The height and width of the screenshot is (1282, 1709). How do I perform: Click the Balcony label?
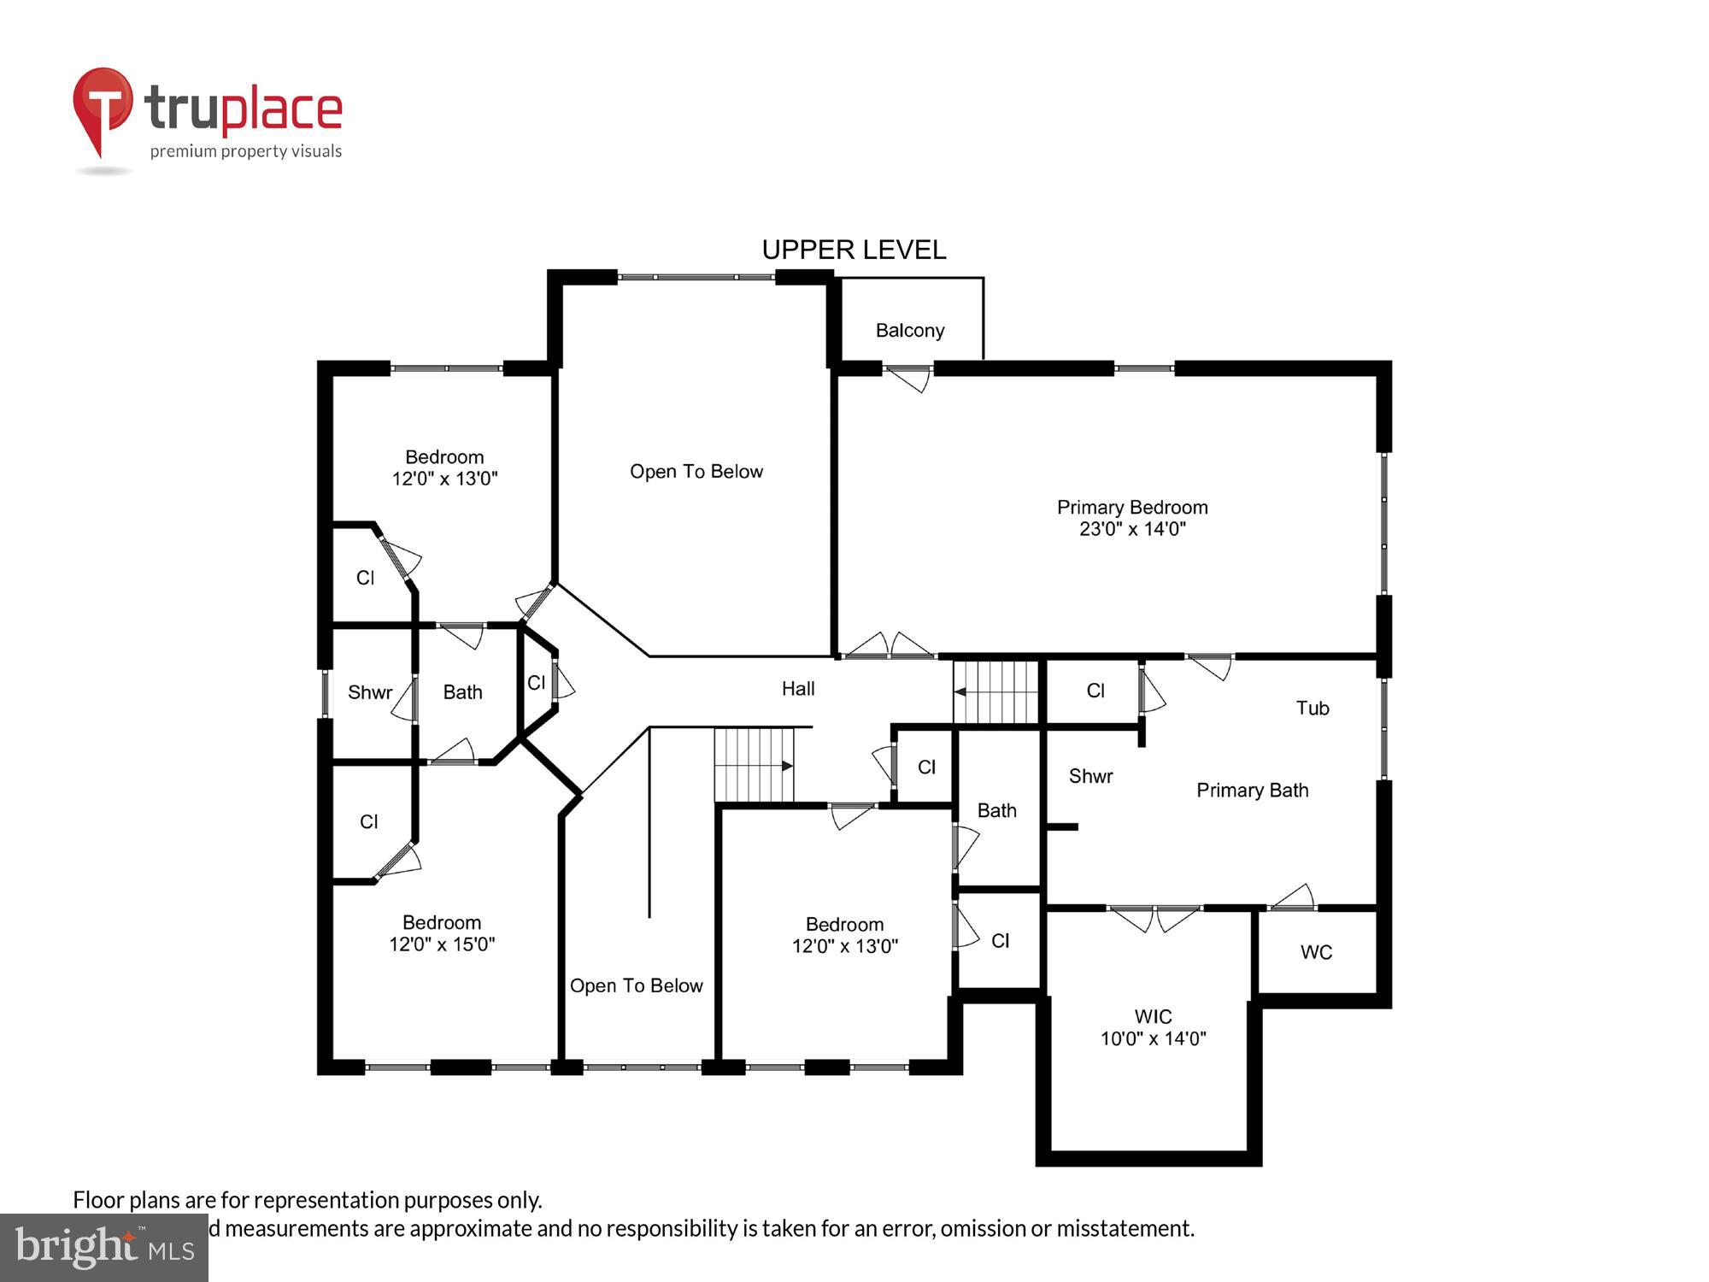pyautogui.click(x=909, y=331)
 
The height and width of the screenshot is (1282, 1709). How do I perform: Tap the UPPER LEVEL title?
pyautogui.click(x=854, y=250)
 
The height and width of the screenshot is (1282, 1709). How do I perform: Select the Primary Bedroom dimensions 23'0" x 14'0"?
pyautogui.click(x=1132, y=529)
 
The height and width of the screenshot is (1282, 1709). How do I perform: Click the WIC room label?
pyautogui.click(x=1153, y=1016)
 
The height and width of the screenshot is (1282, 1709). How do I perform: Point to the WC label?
pyautogui.click(x=1316, y=952)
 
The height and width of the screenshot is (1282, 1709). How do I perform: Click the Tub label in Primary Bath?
pyautogui.click(x=1313, y=708)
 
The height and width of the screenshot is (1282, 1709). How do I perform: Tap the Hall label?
pyautogui.click(x=798, y=688)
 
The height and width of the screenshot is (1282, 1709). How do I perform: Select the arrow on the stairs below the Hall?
pyautogui.click(x=787, y=767)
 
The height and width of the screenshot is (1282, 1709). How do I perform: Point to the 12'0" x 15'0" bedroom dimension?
pyautogui.click(x=442, y=944)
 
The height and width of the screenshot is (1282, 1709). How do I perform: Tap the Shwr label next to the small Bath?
pyautogui.click(x=370, y=692)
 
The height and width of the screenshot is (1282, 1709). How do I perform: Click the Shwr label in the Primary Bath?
pyautogui.click(x=1090, y=776)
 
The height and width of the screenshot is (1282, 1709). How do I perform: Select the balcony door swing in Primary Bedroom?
pyautogui.click(x=908, y=378)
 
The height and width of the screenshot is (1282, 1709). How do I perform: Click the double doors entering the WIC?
pyautogui.click(x=1154, y=918)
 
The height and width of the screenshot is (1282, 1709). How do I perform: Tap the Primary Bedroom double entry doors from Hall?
pyautogui.click(x=889, y=646)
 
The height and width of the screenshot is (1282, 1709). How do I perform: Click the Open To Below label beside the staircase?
pyautogui.click(x=636, y=985)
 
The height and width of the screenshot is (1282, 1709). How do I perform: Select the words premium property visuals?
pyautogui.click(x=246, y=151)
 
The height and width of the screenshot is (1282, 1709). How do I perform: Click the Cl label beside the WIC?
pyautogui.click(x=1000, y=941)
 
